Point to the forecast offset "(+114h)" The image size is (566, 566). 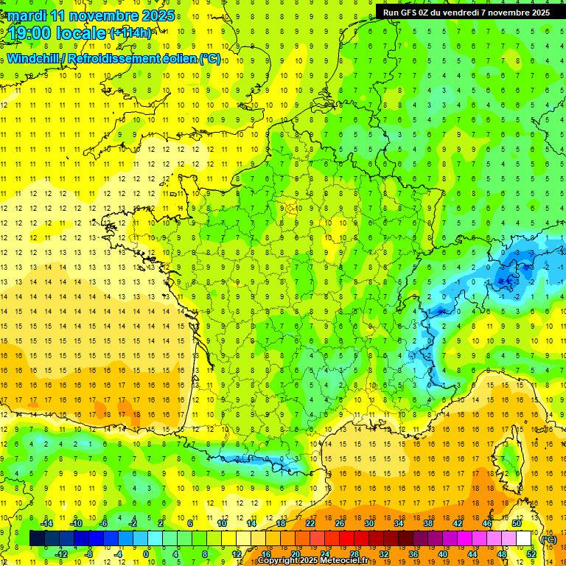(x=131, y=33)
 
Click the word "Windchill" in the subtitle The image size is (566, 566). (x=37, y=58)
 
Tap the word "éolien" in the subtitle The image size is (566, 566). (x=181, y=58)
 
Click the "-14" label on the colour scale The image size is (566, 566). (x=47, y=523)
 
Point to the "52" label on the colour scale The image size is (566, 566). (x=531, y=554)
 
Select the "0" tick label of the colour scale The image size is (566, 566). (x=145, y=554)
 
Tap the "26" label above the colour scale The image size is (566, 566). (x=340, y=523)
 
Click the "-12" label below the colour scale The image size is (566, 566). (x=61, y=554)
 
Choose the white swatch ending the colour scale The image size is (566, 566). (x=524, y=539)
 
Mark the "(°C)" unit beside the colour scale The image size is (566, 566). (x=548, y=539)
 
